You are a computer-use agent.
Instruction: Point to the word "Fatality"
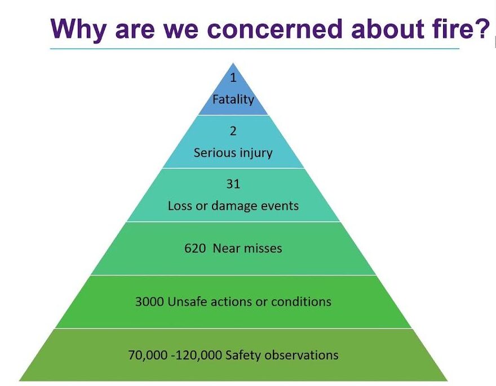[233, 99]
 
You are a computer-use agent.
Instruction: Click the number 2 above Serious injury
[233, 131]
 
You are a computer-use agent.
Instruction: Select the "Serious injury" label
[233, 153]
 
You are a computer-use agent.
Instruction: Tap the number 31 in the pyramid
[233, 185]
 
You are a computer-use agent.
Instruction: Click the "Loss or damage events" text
[233, 206]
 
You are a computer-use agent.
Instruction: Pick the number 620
[195, 248]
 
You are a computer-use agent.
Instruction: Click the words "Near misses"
[247, 248]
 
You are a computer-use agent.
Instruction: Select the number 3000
[150, 301]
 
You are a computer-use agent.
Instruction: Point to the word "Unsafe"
[187, 301]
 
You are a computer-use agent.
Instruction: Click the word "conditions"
[303, 301]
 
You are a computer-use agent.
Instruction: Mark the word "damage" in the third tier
[234, 206]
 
